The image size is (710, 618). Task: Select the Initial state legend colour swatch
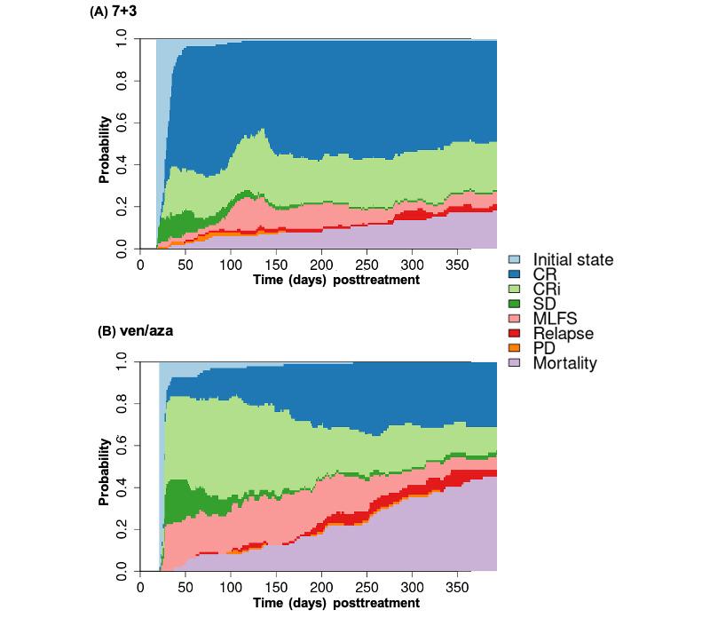click(x=514, y=260)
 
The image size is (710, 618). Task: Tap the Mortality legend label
click(x=565, y=362)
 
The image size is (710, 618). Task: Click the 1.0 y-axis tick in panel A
click(x=122, y=40)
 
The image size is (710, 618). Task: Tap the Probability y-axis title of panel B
click(x=104, y=472)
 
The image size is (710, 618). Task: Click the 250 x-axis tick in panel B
click(x=367, y=588)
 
